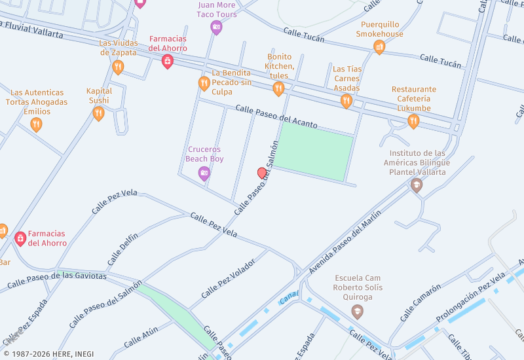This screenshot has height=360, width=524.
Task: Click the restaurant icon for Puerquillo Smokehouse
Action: coord(379,46)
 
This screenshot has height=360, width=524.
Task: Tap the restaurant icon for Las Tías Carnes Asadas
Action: coord(346,101)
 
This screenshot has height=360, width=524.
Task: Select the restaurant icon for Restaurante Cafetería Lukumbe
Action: coord(413,121)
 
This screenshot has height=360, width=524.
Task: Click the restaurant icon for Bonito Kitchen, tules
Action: coord(279,88)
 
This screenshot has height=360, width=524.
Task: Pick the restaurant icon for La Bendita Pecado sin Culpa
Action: coord(204,83)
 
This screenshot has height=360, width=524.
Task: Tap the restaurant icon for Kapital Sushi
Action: coord(99,114)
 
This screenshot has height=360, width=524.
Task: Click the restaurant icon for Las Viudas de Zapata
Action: coord(118,67)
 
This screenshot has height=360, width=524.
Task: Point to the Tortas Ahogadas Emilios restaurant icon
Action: coord(37,124)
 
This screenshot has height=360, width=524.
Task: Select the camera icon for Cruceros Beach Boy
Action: coord(204,173)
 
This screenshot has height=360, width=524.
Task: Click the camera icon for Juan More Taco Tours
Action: coord(216,27)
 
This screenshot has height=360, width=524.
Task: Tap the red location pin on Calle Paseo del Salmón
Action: coord(262,173)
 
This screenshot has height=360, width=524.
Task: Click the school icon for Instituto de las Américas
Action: coord(416,186)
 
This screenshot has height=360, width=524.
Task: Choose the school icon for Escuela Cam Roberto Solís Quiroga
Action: coord(357,312)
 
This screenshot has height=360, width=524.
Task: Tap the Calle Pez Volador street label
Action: coord(228,278)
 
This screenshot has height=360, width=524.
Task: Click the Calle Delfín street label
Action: coord(122,250)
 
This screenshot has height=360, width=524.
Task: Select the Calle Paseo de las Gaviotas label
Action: coord(57,281)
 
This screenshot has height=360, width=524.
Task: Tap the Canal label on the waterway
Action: coord(288,298)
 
